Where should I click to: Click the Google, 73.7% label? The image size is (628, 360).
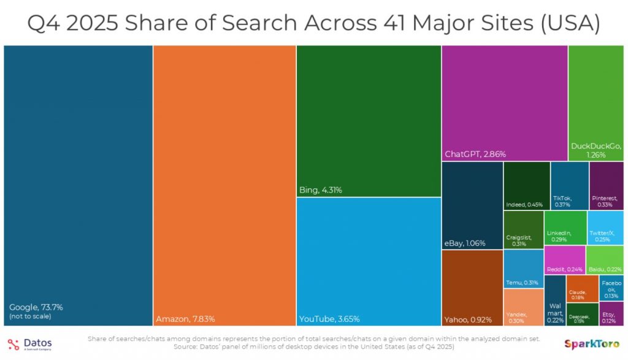[36, 307]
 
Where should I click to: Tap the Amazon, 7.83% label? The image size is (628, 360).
[185, 318]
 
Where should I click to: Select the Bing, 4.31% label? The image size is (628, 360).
[321, 190]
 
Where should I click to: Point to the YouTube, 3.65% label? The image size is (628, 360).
[329, 318]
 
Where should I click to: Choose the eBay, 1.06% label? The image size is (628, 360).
[465, 243]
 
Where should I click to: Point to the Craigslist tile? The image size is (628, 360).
[523, 229]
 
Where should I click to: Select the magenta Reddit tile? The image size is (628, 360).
[564, 259]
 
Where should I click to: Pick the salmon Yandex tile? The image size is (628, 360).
[523, 307]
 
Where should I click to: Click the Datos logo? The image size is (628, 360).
[31, 343]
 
